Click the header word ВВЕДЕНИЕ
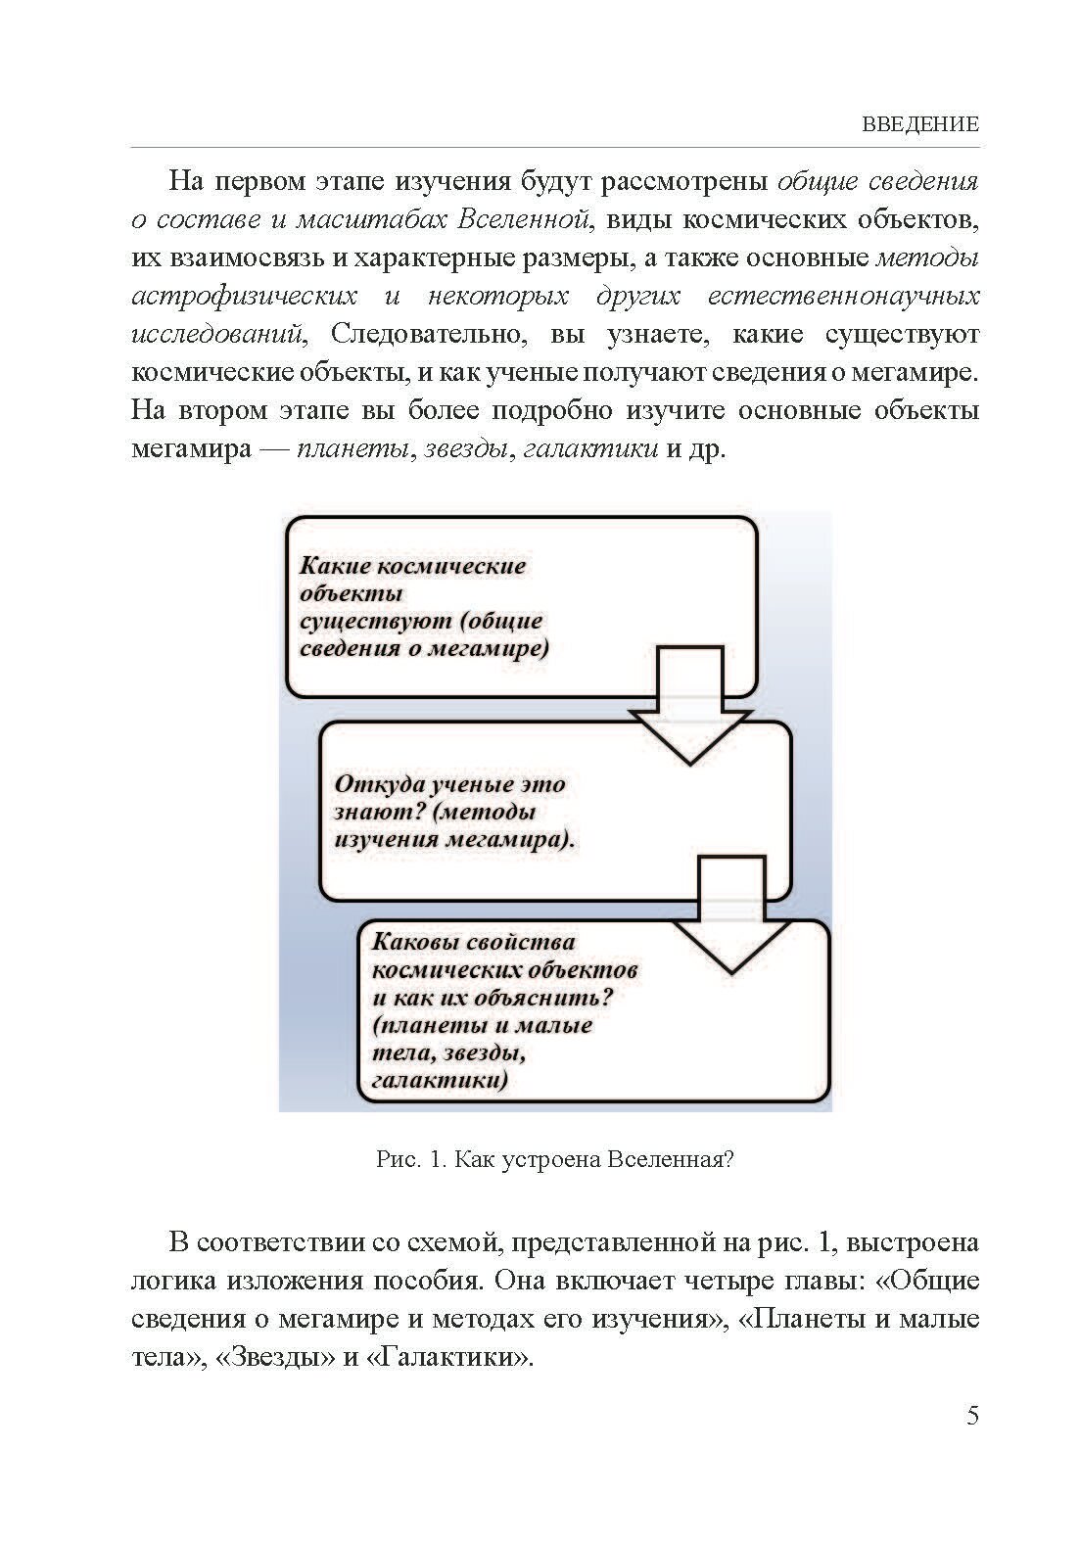920,124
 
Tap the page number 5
972,1416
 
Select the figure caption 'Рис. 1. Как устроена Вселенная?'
555,1160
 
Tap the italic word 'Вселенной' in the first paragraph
525,220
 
